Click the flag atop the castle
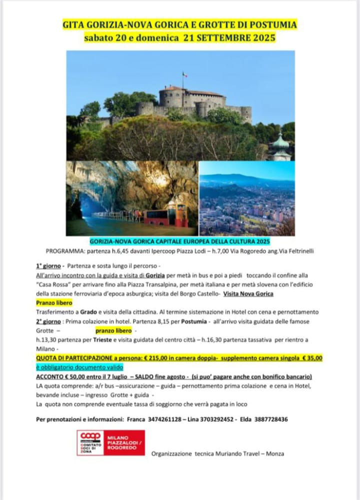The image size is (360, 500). tap(184, 75)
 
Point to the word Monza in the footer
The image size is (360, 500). tap(274, 454)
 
